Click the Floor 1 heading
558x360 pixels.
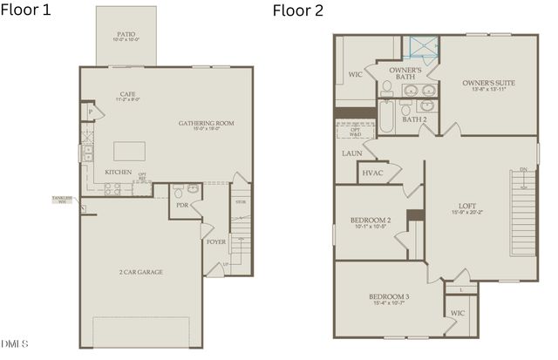(26, 10)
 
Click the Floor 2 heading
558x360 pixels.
(299, 10)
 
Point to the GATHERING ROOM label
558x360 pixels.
(206, 124)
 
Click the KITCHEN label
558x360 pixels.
(119, 172)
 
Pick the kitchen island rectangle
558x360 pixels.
(129, 150)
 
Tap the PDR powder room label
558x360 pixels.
(182, 205)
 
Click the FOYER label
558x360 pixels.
(216, 241)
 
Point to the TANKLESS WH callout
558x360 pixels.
(61, 200)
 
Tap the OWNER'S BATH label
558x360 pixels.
(405, 73)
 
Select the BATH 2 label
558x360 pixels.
(413, 119)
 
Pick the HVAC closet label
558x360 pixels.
(372, 173)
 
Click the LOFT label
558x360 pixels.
(466, 207)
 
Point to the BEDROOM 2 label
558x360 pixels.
(370, 221)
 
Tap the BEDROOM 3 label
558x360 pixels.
(390, 297)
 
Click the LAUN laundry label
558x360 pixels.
(351, 153)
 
